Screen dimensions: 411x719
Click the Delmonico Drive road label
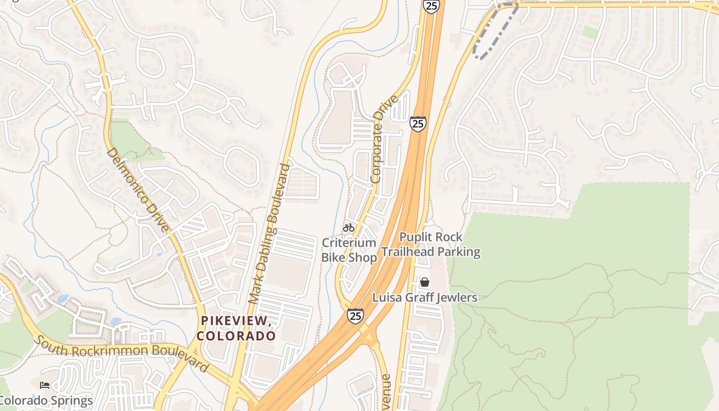pos(138,190)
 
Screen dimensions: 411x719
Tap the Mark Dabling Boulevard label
pos(269,234)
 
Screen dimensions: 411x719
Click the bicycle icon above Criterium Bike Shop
pos(349,227)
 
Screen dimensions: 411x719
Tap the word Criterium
pos(349,242)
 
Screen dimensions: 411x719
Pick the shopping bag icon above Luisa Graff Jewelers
pos(425,282)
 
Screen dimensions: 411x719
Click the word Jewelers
pos(452,297)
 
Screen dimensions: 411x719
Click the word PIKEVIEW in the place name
pos(236,321)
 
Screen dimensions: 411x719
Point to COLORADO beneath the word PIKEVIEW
pos(236,336)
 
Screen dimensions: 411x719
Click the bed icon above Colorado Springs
pos(45,385)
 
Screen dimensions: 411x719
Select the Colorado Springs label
pos(47,400)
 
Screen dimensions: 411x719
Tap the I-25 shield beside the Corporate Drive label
pos(418,124)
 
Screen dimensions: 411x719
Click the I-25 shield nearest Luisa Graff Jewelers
pos(355,315)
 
